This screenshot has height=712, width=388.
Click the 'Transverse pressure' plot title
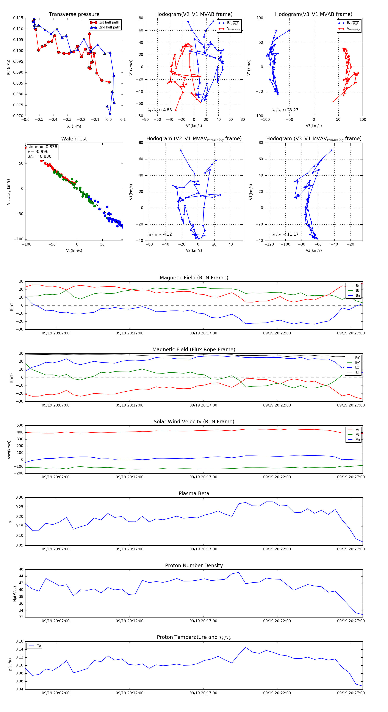tap(74, 14)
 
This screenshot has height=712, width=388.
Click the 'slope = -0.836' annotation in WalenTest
tap(42, 147)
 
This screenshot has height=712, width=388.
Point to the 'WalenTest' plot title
tap(74, 139)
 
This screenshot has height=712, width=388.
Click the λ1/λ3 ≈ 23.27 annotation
tap(285, 110)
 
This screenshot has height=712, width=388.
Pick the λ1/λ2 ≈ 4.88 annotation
tap(160, 110)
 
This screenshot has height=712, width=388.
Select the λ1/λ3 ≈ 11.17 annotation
tap(285, 234)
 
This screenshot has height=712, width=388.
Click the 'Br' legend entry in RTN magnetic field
tap(357, 286)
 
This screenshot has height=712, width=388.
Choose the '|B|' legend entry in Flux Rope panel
tap(357, 372)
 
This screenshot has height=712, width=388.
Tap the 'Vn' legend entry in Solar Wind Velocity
tap(357, 439)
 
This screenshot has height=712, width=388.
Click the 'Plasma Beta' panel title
tap(194, 494)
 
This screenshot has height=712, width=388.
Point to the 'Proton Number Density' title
tap(194, 566)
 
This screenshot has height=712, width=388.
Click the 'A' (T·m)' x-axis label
tap(74, 126)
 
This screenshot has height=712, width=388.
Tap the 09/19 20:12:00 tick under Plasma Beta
tap(130, 549)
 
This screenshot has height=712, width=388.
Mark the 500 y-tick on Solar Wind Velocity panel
tap(20, 425)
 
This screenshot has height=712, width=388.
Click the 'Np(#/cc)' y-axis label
tap(15, 594)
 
